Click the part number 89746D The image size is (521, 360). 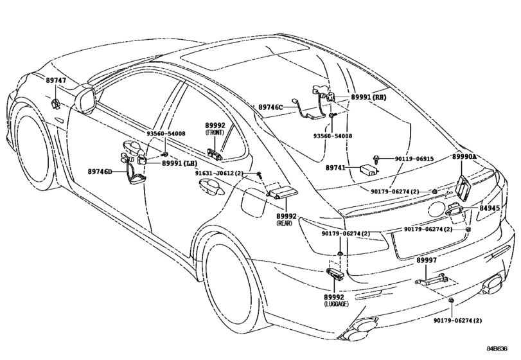(x=100, y=172)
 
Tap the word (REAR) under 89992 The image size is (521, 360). (x=285, y=223)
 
